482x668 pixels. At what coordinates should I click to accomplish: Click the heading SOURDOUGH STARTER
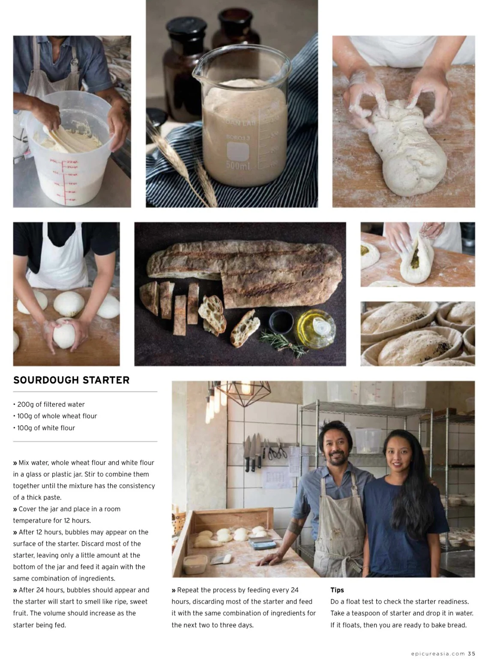(71, 380)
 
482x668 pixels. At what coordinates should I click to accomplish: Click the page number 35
(471, 653)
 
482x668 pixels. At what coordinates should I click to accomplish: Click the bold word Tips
(337, 590)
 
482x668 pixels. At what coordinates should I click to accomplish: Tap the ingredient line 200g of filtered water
(51, 404)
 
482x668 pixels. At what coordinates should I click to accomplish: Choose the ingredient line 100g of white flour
(46, 428)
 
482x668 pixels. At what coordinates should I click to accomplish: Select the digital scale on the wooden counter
(262, 544)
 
